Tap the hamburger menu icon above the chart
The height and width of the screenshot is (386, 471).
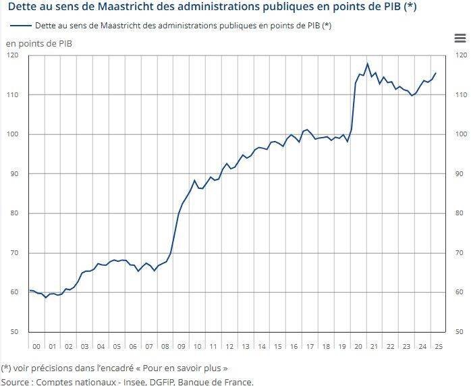[460, 40]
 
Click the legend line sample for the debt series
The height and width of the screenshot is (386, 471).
[21, 26]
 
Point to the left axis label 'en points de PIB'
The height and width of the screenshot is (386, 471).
[40, 44]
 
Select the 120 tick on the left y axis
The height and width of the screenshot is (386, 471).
[13, 55]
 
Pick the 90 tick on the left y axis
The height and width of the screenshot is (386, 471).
[13, 174]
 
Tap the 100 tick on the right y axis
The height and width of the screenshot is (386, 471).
[462, 134]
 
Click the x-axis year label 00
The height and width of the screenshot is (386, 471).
[36, 346]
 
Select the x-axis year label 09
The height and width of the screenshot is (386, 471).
[181, 346]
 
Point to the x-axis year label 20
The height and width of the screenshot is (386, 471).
[358, 346]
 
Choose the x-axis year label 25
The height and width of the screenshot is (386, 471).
[438, 346]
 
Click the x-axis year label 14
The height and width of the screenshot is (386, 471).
[261, 346]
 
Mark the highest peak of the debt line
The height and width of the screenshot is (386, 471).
[367, 64]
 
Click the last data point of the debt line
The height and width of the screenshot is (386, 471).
[435, 73]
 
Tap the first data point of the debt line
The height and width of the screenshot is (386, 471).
[30, 290]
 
